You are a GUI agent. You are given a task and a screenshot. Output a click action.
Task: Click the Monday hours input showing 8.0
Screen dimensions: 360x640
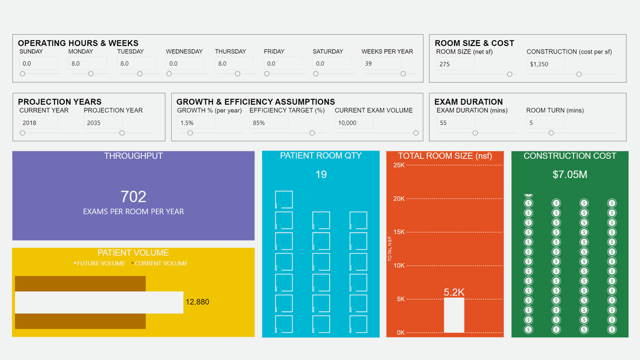pos(87,63)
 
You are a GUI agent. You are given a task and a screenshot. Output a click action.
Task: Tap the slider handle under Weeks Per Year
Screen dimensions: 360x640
pos(403,74)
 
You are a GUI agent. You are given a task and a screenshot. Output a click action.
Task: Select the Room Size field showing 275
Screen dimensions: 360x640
pos(455,64)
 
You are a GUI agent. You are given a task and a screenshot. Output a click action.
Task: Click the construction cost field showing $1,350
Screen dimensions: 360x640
pos(546,64)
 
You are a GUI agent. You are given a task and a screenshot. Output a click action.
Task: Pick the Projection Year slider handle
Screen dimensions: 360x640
pos(122,133)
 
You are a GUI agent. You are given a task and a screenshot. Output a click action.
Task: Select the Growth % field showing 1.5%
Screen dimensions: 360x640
pos(196,123)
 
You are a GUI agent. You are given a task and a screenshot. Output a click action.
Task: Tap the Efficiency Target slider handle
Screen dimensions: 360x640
pos(312,133)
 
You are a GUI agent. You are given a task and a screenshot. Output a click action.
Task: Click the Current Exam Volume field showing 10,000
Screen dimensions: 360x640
pos(354,123)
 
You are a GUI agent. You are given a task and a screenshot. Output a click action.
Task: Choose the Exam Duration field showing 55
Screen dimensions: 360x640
pos(455,123)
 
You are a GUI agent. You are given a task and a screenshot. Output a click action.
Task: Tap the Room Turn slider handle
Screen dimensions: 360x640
pos(551,133)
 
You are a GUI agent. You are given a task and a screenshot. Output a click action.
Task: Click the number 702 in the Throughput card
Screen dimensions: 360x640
pos(133,197)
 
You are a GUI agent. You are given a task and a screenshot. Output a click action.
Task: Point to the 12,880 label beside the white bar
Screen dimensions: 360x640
pos(197,302)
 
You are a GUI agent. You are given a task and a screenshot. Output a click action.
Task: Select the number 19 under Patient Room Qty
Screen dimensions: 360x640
pos(321,174)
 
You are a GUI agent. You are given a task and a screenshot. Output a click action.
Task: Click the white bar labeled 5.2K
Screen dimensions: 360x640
pos(454,315)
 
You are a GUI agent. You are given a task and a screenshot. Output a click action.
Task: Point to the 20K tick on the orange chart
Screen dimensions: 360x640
pos(399,199)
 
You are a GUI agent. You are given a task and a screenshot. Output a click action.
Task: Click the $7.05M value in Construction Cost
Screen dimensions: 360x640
pos(570,174)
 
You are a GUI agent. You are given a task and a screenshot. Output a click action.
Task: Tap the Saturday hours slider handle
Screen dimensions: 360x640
pos(316,74)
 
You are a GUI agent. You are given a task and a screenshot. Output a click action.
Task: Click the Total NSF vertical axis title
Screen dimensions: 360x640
pos(390,249)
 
